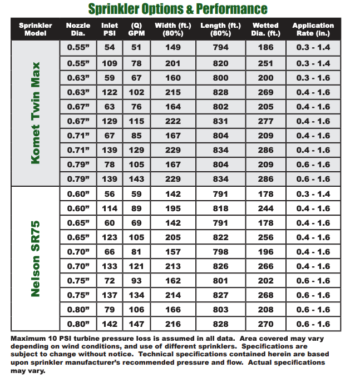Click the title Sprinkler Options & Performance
coord(177,9)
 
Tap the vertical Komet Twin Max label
coord(36,113)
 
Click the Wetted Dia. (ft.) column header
coord(265,29)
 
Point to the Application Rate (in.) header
coord(313,29)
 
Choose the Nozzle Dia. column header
coord(78,29)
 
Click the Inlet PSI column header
coord(110,29)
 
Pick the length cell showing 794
coord(221,48)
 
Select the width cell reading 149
coord(173,48)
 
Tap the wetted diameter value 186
coord(266,48)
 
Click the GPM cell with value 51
coord(136,48)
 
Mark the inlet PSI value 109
coord(110,63)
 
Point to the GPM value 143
coord(136,179)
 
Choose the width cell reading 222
coord(173,121)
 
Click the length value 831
coord(221,121)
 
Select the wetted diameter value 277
coord(266,121)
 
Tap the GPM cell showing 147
coord(136,324)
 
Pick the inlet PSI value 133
coord(110,266)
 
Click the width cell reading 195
coord(173,208)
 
